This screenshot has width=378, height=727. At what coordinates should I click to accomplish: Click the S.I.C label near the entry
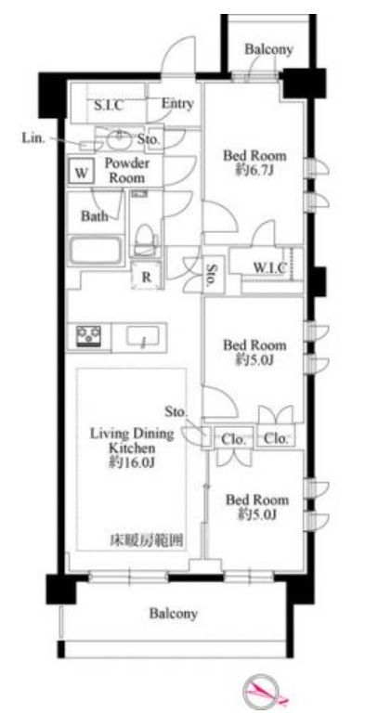point(108,105)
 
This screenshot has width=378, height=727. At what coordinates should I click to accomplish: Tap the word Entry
point(176,104)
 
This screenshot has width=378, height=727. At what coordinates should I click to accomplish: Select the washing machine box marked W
point(82,172)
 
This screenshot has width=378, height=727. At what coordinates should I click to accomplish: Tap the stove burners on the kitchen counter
point(89,335)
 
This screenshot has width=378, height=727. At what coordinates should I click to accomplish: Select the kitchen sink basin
point(144,335)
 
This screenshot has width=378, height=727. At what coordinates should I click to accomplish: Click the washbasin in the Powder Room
point(119,140)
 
